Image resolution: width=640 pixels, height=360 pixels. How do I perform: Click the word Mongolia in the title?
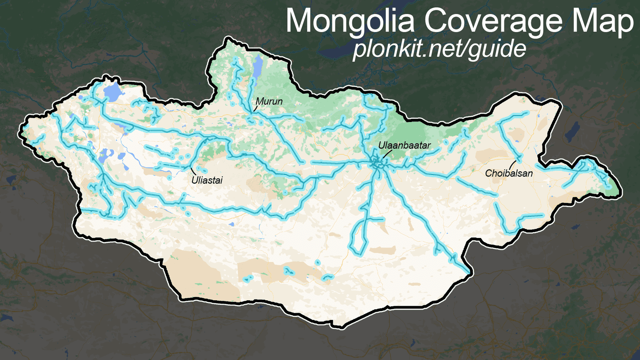click(x=350, y=21)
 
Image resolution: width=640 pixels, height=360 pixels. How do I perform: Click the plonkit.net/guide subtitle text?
click(x=439, y=49)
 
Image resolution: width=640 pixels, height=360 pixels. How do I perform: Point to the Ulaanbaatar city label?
click(x=404, y=145)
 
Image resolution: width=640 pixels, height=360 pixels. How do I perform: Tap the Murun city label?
click(x=269, y=102)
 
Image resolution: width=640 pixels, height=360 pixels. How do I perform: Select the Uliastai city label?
click(x=207, y=180)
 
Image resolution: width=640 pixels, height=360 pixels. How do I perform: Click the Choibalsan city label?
click(x=509, y=173)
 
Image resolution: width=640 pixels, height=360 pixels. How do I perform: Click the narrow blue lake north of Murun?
click(x=258, y=67)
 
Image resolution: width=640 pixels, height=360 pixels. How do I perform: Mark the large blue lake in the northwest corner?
click(x=112, y=93)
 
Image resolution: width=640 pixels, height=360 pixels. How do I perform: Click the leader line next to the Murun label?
click(x=256, y=108)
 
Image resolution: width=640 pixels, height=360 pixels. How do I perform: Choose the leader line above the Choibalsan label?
click(x=512, y=164)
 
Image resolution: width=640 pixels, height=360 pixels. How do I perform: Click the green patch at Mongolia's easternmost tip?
click(x=612, y=188)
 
